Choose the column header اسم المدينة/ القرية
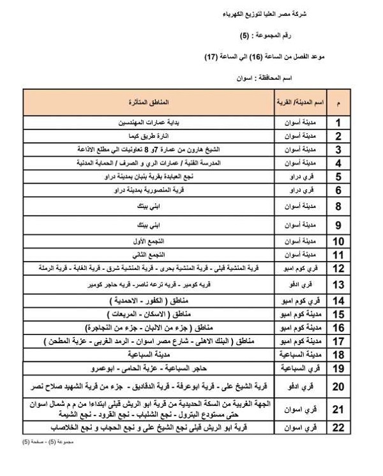click(x=301, y=102)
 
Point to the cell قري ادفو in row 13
click(x=301, y=284)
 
